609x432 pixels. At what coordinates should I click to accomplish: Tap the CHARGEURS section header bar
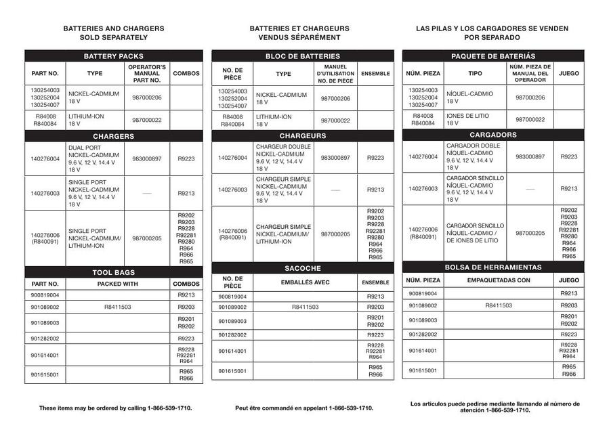pyautogui.click(x=302, y=135)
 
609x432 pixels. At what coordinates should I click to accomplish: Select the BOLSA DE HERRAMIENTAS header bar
pyautogui.click(x=492, y=267)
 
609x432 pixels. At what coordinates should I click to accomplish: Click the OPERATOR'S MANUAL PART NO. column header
pyautogui.click(x=147, y=73)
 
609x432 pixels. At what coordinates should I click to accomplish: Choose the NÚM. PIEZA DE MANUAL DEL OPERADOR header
pyautogui.click(x=530, y=73)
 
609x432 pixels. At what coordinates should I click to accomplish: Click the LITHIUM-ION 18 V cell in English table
pyautogui.click(x=94, y=121)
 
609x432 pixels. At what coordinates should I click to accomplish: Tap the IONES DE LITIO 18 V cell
pyautogui.click(x=475, y=119)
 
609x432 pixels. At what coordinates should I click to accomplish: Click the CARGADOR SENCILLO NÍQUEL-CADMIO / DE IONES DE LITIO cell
pyautogui.click(x=475, y=233)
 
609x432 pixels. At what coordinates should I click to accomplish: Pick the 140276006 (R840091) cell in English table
pyautogui.click(x=45, y=238)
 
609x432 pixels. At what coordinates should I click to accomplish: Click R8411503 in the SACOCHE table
pyautogui.click(x=305, y=307)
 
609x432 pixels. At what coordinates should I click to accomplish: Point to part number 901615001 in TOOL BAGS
pyautogui.click(x=45, y=374)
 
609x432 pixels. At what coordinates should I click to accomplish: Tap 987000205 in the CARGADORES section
pyautogui.click(x=530, y=233)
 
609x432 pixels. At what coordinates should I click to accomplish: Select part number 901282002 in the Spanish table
pyautogui.click(x=423, y=334)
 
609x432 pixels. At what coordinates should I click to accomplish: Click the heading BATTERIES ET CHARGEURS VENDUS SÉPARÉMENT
pyautogui.click(x=299, y=33)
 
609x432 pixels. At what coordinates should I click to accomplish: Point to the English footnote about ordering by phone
pyautogui.click(x=115, y=408)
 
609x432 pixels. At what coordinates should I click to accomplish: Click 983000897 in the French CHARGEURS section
pyautogui.click(x=335, y=158)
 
